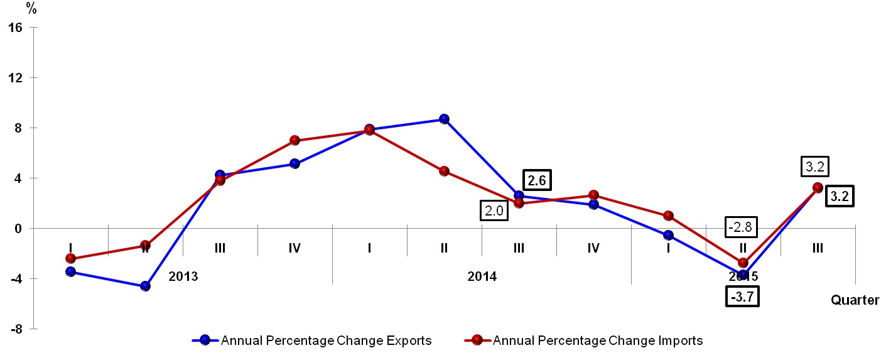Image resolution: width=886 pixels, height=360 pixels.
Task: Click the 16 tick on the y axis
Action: pyautogui.click(x=16, y=28)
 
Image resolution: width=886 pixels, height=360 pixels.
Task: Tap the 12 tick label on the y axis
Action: pyautogui.click(x=16, y=78)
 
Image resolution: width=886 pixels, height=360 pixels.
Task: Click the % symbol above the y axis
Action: pyautogui.click(x=31, y=9)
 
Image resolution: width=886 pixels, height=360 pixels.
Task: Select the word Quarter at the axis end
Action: pyautogui.click(x=855, y=300)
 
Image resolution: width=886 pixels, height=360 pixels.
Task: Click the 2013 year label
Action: pyautogui.click(x=183, y=276)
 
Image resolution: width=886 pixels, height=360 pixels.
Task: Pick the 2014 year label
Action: pyautogui.click(x=482, y=276)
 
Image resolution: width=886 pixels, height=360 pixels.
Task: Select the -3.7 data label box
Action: pyautogui.click(x=742, y=296)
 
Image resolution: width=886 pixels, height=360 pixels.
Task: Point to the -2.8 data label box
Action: pyautogui.click(x=742, y=227)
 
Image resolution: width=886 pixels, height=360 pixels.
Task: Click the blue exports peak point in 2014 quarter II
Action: pyautogui.click(x=444, y=119)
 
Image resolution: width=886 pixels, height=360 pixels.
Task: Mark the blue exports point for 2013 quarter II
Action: pyautogui.click(x=145, y=286)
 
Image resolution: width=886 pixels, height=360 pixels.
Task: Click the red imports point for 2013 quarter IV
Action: pyautogui.click(x=294, y=140)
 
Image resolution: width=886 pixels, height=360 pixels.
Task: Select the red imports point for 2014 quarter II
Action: pyautogui.click(x=444, y=171)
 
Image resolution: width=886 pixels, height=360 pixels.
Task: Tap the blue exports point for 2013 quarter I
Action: pyautogui.click(x=70, y=271)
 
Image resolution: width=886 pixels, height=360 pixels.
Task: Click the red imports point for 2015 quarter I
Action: pyautogui.click(x=668, y=215)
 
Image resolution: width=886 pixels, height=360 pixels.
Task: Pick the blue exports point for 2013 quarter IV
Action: pyautogui.click(x=294, y=164)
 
